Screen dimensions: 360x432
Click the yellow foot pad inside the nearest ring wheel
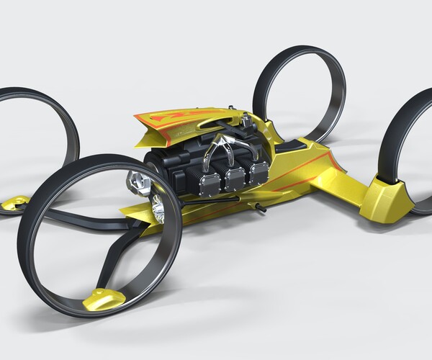102,297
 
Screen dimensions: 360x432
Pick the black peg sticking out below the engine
260,208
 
